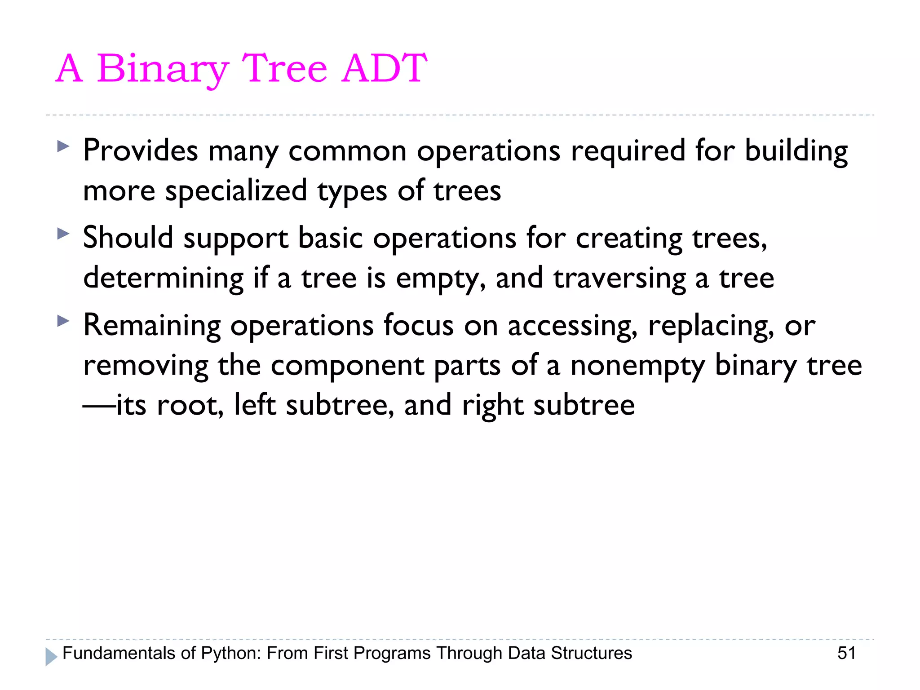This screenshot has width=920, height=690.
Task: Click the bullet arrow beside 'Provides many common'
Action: [63, 146]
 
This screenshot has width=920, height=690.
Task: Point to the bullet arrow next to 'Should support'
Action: [63, 233]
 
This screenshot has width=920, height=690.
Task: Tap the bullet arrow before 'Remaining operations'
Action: [63, 321]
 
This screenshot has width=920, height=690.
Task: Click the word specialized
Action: [236, 191]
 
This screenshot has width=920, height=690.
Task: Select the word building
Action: [796, 151]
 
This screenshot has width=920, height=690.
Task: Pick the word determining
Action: [163, 279]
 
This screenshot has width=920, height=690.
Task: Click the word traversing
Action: [619, 279]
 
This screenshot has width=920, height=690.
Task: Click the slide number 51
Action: [846, 653]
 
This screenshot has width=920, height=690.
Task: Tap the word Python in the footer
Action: [230, 654]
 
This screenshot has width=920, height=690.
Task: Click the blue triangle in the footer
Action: [51, 657]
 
